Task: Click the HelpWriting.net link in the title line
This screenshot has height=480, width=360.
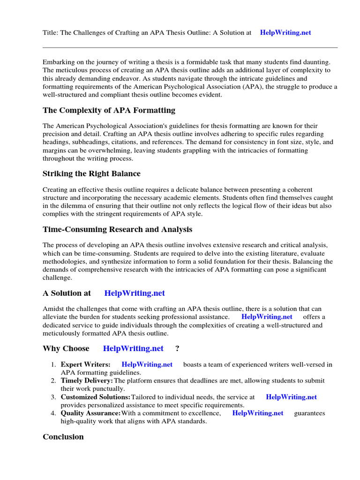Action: [x=285, y=33]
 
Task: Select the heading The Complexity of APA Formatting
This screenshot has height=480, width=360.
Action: [x=109, y=111]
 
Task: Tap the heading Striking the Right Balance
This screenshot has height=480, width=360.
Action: [x=91, y=174]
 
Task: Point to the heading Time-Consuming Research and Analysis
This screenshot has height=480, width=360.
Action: [x=117, y=230]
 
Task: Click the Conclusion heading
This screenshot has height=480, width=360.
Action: [x=63, y=437]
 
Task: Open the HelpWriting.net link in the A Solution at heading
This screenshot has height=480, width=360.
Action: [x=135, y=293]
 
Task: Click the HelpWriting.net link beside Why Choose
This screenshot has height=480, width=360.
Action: [x=133, y=349]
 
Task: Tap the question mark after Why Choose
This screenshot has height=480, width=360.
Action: [x=177, y=349]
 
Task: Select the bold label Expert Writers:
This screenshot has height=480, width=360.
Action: [x=86, y=365]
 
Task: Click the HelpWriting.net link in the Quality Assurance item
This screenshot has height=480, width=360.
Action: [x=258, y=413]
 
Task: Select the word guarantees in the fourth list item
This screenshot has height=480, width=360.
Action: [x=309, y=413]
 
